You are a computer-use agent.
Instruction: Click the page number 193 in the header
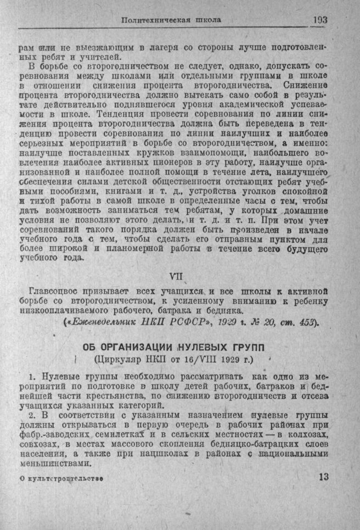[x=320, y=20]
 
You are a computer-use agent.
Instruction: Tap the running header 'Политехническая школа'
[x=171, y=20]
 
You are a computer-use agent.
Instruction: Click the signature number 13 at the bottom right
[x=323, y=477]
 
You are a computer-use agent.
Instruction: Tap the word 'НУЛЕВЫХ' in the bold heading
[x=194, y=349]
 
